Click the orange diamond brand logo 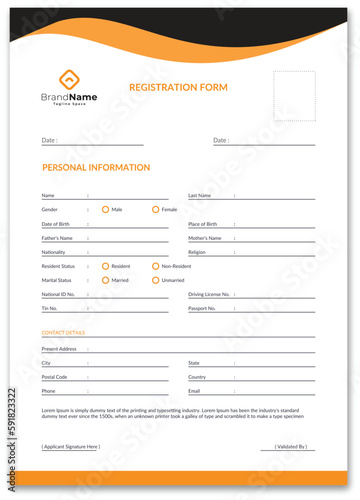pos(68,80)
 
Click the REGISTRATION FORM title pos(178,88)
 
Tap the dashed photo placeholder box pos(295,94)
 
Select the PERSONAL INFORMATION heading pos(96,168)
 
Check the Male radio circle pos(105,210)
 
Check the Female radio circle pos(155,210)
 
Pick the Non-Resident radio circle pos(155,266)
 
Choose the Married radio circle pos(105,280)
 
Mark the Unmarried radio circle pos(155,280)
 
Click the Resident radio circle pos(105,266)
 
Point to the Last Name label pos(199,196)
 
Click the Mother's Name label pos(204,238)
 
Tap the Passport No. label pos(202,308)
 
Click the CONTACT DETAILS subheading pos(63,332)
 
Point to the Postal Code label pos(54,377)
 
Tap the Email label pos(194,391)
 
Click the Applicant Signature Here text pos(71,446)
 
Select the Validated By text pos(291,446)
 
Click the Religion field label pos(197,252)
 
